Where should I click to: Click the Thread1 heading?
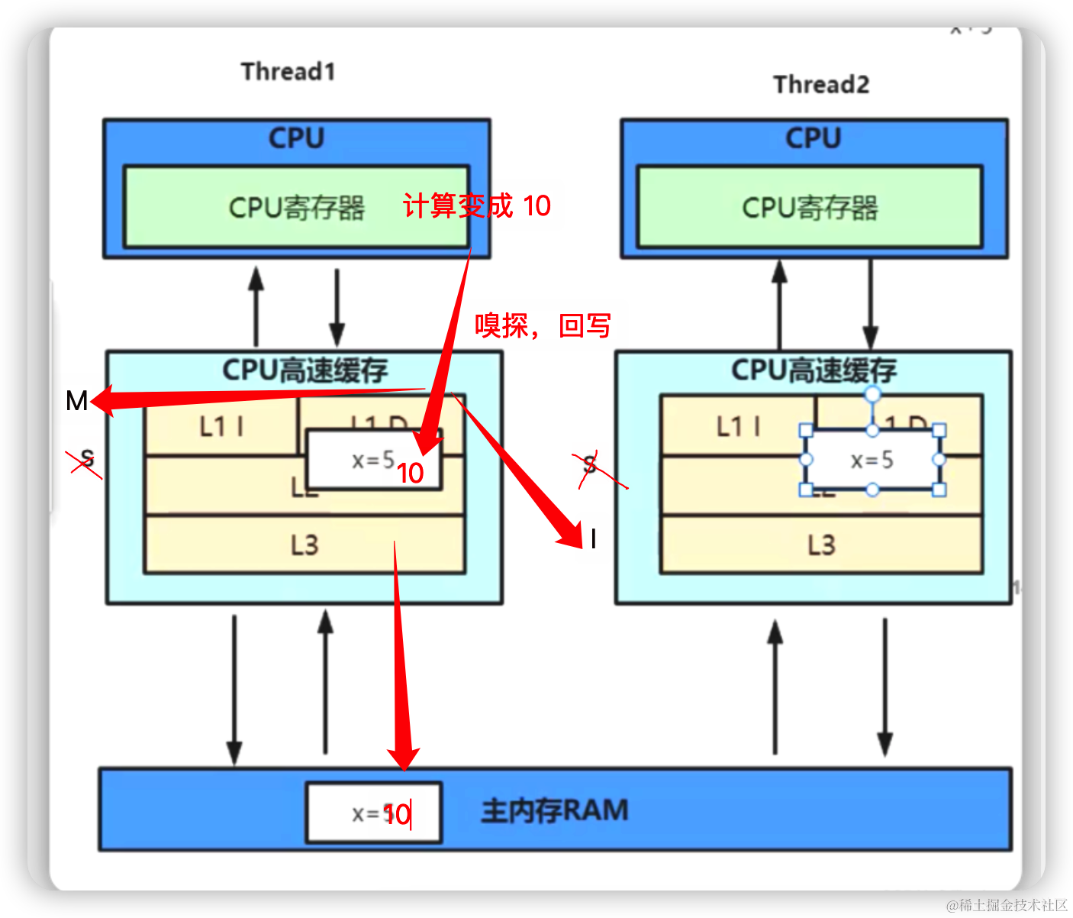pos(288,71)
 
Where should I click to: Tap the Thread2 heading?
pos(821,84)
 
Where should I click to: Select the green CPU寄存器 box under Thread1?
pos(296,207)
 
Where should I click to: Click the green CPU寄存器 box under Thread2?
pos(809,207)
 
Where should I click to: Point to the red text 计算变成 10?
pos(476,205)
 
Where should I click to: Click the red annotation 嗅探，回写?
pos(543,325)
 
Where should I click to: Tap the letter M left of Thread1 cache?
pos(76,400)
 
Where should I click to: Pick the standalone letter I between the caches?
pos(593,539)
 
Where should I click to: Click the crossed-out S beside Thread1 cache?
pos(87,459)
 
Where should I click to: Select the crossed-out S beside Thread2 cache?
pos(589,464)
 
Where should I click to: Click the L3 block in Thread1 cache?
pos(304,545)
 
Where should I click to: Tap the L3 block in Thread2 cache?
pos(821,545)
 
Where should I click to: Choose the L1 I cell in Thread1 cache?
pos(221,426)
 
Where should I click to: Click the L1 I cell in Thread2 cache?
pos(737,426)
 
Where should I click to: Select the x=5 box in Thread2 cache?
pos(872,460)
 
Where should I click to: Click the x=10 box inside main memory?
pos(374,813)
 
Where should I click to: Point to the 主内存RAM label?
pos(555,810)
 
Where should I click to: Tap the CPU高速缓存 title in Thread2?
pos(814,370)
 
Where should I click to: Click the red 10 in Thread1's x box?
pos(410,474)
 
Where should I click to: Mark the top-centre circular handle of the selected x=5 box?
pos(872,394)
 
